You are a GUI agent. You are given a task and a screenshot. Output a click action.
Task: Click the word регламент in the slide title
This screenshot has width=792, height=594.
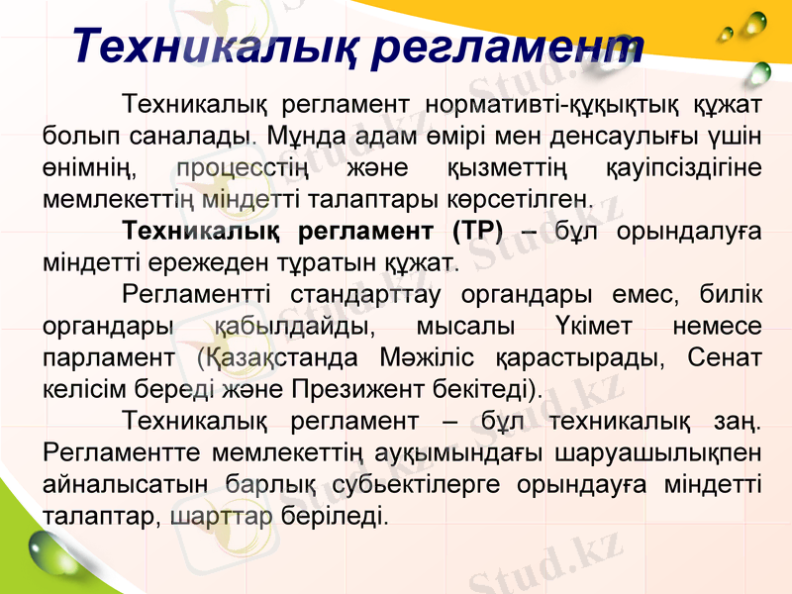point(512,47)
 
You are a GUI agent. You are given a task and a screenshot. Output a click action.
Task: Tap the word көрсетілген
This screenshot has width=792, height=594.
point(525,198)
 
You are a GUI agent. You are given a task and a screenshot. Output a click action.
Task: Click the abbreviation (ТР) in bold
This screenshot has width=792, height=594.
point(477,232)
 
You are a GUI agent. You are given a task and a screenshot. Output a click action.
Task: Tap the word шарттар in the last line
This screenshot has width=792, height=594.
point(221,516)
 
